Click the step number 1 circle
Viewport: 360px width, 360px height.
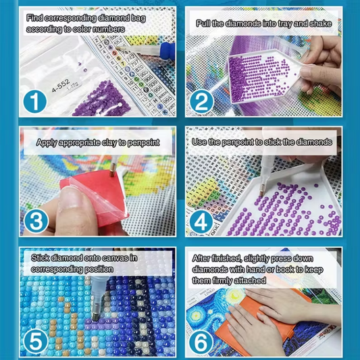(35, 102)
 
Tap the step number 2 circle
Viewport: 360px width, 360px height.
(201, 102)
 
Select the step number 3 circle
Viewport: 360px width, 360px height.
(36, 221)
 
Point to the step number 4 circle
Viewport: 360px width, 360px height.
(201, 222)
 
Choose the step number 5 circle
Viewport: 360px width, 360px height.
(36, 342)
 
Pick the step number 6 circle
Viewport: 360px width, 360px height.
(201, 342)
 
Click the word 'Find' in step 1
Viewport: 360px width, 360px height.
(34, 18)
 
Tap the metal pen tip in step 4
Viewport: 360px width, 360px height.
(261, 192)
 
